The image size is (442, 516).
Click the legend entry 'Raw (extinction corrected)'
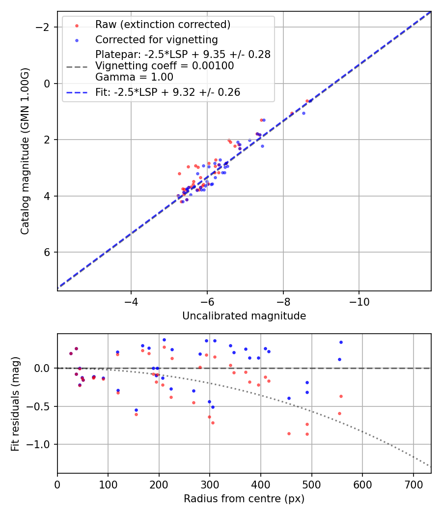click(x=163, y=25)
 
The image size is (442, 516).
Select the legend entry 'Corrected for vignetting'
click(x=156, y=39)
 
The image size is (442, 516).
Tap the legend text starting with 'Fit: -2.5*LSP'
click(x=167, y=92)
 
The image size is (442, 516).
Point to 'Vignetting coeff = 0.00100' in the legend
click(x=165, y=66)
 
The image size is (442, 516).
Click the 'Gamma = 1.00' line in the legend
click(x=134, y=77)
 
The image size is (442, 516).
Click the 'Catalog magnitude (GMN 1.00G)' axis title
click(x=25, y=151)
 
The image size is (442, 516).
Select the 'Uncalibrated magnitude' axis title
click(x=244, y=316)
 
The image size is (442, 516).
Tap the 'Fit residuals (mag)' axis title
click(x=15, y=403)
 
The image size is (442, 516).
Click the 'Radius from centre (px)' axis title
click(x=244, y=499)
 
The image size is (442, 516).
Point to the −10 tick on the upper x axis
click(x=359, y=300)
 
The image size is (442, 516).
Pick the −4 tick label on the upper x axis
click(x=131, y=300)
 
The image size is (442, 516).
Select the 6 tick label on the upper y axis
click(x=48, y=252)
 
